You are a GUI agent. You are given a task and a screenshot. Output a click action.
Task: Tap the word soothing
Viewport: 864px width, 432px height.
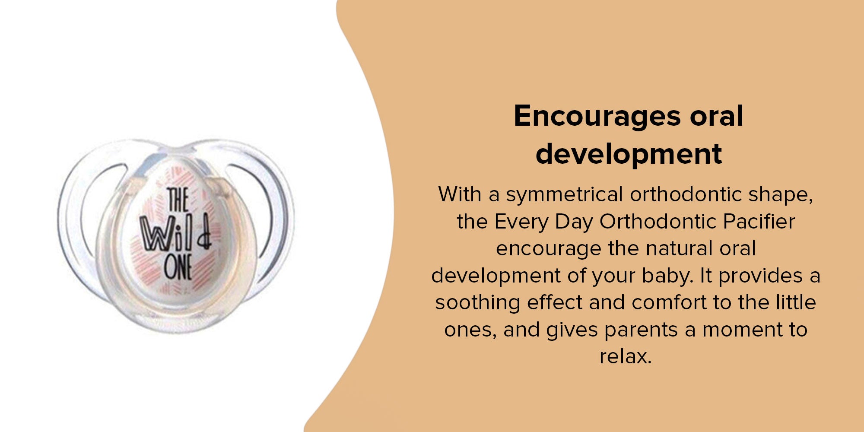pyautogui.click(x=477, y=303)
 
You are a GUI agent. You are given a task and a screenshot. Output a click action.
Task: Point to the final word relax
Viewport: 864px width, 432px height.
pyautogui.click(x=626, y=357)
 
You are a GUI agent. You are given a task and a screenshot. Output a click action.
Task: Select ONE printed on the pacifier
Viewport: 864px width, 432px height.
pyautogui.click(x=178, y=267)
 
